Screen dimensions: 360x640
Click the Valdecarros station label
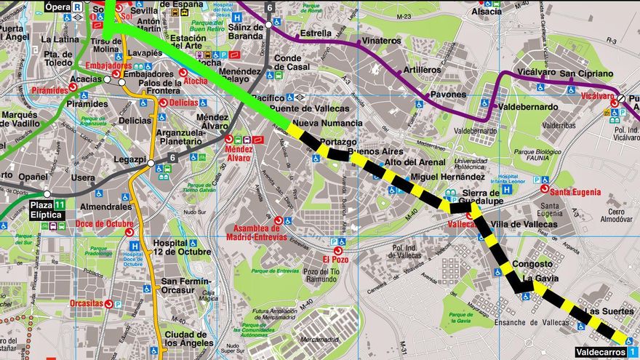[x=600, y=352]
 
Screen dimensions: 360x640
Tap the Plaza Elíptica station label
[x=47, y=211]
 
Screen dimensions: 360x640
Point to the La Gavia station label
[x=540, y=279]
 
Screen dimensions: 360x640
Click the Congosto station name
[x=532, y=264]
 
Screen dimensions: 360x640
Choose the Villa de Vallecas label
[x=524, y=224]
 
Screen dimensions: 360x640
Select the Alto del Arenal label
[x=415, y=162]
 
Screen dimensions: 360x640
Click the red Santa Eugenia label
[x=575, y=192]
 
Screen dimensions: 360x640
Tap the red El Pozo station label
[x=336, y=259]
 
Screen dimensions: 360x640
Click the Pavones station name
[x=448, y=95]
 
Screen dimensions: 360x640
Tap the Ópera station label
[x=58, y=7]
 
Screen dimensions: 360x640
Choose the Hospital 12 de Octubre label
[x=172, y=248]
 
